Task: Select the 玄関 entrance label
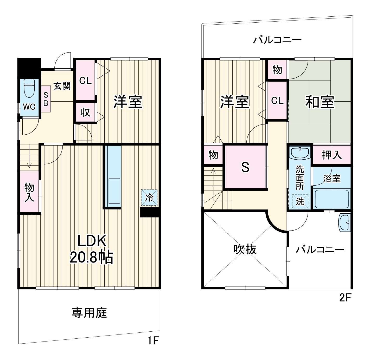62,86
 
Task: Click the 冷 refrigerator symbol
149,198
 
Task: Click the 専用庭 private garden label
89,313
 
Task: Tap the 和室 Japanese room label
320,102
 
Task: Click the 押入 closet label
332,155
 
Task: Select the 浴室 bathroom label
332,179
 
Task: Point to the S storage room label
245,167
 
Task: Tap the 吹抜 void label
245,249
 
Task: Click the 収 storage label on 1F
85,112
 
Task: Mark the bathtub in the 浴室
331,199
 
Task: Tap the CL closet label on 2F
277,101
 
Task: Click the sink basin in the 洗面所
300,153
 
